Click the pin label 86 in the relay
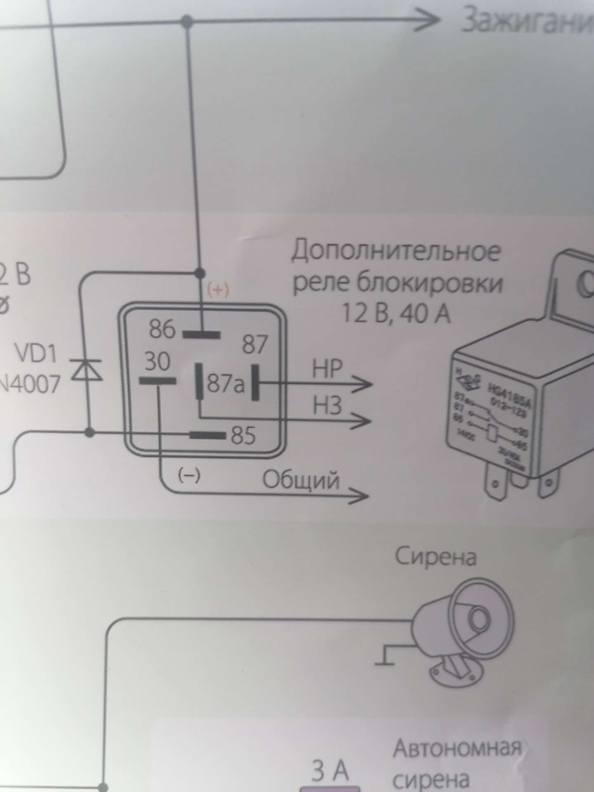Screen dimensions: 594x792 click(x=162, y=330)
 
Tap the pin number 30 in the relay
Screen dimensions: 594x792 click(x=157, y=362)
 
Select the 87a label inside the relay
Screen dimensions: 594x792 click(x=226, y=383)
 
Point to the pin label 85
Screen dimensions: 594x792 click(x=243, y=435)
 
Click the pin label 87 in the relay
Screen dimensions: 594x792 click(x=255, y=344)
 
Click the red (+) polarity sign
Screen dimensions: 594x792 click(x=217, y=290)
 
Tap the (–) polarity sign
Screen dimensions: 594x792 click(x=189, y=476)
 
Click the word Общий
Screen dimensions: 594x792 click(x=301, y=481)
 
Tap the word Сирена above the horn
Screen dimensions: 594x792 click(x=436, y=557)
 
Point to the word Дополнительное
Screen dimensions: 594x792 click(x=396, y=252)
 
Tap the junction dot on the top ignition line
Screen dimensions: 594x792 click(x=187, y=20)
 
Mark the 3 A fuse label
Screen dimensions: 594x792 click(x=330, y=771)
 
